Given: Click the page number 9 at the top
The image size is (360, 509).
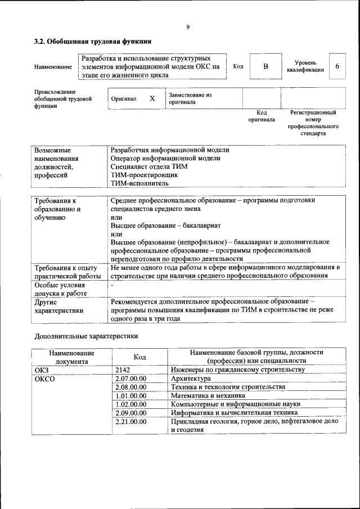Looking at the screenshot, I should [187, 26].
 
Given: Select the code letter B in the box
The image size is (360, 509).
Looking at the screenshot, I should [266, 67].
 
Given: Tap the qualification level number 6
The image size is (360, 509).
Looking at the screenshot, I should [337, 66].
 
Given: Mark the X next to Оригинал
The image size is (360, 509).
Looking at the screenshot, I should [152, 98].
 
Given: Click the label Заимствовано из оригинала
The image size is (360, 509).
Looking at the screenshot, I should [190, 99].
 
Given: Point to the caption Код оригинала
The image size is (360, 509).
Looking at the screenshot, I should [262, 116].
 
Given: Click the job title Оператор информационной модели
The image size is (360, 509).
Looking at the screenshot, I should [165, 159].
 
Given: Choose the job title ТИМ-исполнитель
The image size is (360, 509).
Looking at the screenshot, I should [139, 183].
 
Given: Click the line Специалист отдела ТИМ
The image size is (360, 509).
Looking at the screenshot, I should [149, 167].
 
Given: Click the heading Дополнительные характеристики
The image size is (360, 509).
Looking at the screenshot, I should [86, 336].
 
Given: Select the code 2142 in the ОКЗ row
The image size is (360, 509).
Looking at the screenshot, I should [122, 370].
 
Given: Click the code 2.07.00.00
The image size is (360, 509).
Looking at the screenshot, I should [130, 379].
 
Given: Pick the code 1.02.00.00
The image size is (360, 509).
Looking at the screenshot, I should [130, 404].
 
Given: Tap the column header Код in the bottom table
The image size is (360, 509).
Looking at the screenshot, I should [139, 357].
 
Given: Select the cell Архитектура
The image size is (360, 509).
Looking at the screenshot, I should [191, 379].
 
